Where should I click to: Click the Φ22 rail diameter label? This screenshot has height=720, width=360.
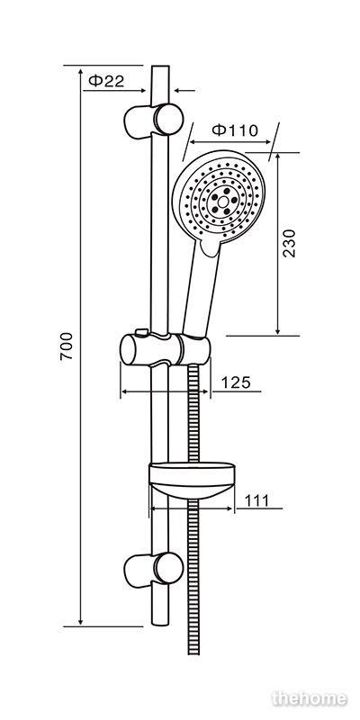(x=106, y=81)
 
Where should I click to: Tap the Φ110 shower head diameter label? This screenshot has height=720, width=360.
(x=235, y=130)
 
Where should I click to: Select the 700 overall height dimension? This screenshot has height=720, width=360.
(x=67, y=346)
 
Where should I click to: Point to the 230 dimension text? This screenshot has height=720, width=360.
(x=289, y=243)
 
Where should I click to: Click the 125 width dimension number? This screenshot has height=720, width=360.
(x=236, y=382)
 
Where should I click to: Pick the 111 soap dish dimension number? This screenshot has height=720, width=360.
(x=256, y=500)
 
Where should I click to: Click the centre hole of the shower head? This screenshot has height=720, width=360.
(x=223, y=201)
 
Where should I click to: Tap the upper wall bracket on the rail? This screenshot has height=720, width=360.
(x=154, y=121)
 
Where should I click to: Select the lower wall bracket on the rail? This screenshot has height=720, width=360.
(x=154, y=570)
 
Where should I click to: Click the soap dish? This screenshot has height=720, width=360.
(x=192, y=481)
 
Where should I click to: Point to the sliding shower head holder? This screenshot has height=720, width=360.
(x=166, y=349)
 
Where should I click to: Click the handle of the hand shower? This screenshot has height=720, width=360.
(x=201, y=289)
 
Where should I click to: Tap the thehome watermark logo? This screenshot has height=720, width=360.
(x=309, y=698)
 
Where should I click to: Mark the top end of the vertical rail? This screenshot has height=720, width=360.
(x=160, y=67)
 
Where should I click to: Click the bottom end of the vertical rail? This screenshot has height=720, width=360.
(x=160, y=625)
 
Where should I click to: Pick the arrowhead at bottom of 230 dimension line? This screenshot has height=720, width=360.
(x=278, y=330)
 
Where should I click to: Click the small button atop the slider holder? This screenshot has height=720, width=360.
(x=142, y=331)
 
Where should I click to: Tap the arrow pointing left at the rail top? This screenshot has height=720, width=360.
(x=184, y=91)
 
